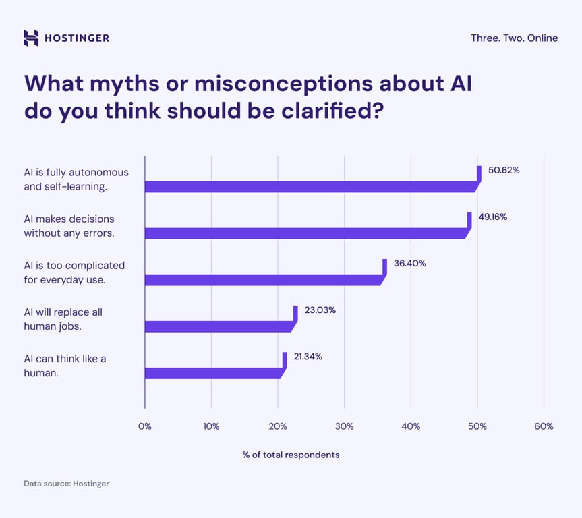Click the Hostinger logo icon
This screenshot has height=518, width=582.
click(x=31, y=38)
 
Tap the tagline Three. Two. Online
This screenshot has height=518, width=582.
click(x=514, y=38)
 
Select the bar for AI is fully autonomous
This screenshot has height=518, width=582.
click(x=310, y=187)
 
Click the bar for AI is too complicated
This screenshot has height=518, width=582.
click(x=263, y=280)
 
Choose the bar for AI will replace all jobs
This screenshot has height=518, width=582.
click(x=219, y=326)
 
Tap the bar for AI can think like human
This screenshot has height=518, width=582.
click(x=213, y=373)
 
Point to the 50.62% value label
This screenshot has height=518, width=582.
click(x=504, y=171)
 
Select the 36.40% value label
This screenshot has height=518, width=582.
click(x=409, y=264)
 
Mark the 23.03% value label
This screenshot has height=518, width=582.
click(x=320, y=310)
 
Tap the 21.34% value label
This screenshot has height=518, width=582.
click(x=308, y=357)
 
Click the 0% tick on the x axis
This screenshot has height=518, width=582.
click(x=145, y=426)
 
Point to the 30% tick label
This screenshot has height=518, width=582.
click(x=344, y=426)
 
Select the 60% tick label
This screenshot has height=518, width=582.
click(x=544, y=426)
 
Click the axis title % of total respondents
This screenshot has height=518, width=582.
click(x=291, y=455)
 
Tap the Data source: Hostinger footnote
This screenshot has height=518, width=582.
click(x=66, y=484)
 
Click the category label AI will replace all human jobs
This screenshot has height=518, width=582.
click(x=63, y=318)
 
